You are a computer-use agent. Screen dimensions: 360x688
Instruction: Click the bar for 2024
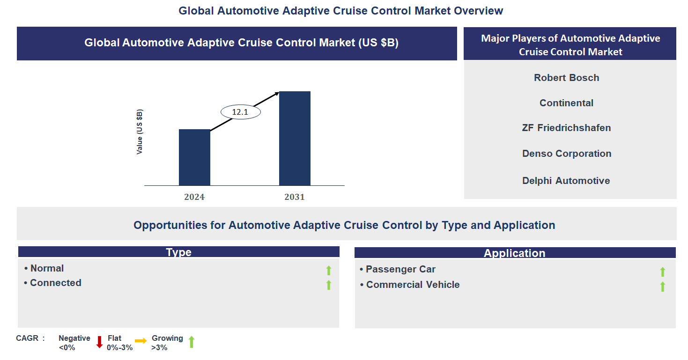(x=194, y=157)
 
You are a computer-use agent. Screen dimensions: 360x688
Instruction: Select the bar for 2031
(x=295, y=139)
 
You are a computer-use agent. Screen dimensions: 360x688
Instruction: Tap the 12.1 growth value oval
(x=240, y=112)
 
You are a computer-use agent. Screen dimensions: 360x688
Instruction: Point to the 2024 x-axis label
(x=194, y=197)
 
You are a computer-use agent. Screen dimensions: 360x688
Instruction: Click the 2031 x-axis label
(x=295, y=197)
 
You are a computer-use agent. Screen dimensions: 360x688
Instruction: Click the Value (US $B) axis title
(x=140, y=132)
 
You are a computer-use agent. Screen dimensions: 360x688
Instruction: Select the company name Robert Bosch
(x=566, y=78)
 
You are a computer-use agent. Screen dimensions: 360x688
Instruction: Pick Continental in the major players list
(x=566, y=103)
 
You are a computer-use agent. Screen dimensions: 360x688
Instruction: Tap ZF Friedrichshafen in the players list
(x=566, y=128)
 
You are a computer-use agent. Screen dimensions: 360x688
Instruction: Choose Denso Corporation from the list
(x=567, y=154)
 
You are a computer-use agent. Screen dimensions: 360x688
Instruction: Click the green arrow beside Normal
(x=329, y=270)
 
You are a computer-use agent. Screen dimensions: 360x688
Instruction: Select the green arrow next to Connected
(x=329, y=285)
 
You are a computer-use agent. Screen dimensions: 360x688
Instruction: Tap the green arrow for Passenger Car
(x=662, y=272)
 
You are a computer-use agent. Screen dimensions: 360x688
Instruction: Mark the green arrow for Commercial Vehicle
(x=662, y=287)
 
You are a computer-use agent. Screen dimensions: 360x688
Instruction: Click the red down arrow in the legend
(x=99, y=342)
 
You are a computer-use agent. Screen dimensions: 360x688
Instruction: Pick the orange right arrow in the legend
(x=141, y=341)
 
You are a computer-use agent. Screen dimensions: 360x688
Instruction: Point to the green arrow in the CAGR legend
(x=191, y=342)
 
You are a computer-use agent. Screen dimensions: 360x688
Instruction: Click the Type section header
(x=178, y=252)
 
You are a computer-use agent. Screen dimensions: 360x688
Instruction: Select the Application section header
(x=514, y=253)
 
